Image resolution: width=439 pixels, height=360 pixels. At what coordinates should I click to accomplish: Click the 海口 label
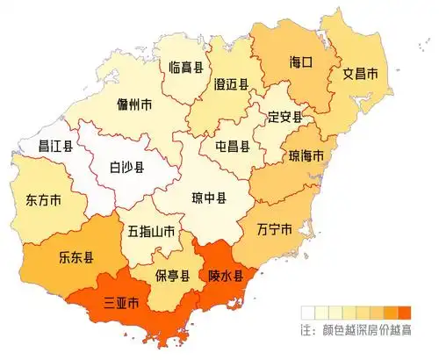[x=301, y=63]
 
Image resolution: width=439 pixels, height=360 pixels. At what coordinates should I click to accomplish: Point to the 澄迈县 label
[x=231, y=84]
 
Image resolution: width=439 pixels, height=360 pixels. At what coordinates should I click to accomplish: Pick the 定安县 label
[x=284, y=117]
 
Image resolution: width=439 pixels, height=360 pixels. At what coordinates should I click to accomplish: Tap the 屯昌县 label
[x=233, y=147]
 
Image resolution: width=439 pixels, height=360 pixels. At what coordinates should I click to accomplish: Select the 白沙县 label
[x=127, y=165]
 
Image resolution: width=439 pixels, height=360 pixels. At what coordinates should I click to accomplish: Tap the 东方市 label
[x=44, y=199]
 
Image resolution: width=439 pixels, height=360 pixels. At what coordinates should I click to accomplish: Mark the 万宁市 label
[x=275, y=230]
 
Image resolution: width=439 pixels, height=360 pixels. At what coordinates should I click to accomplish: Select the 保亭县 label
[x=173, y=276]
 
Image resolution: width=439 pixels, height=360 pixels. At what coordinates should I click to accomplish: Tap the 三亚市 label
[x=121, y=306]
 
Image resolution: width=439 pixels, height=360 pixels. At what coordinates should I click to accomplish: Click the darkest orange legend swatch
[x=405, y=312]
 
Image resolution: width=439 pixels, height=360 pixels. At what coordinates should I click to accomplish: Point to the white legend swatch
[x=307, y=312]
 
